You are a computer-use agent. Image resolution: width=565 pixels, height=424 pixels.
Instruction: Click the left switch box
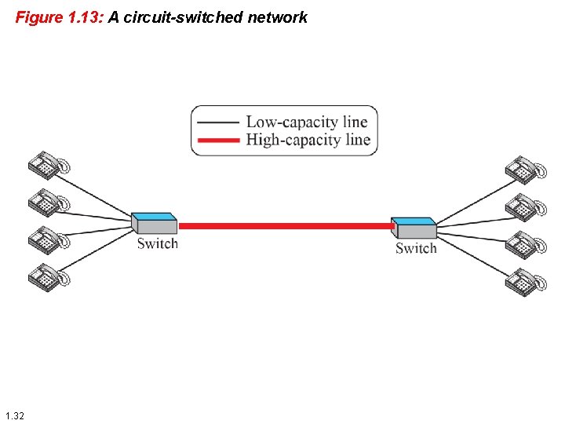pos(155,223)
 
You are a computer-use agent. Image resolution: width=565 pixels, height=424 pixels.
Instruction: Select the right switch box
pos(414,228)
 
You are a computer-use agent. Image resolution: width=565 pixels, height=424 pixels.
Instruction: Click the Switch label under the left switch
pos(158,243)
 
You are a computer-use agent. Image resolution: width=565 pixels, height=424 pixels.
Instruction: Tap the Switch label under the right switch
pos(416,248)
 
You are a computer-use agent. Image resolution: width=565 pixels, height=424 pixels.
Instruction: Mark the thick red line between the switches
pos(286,226)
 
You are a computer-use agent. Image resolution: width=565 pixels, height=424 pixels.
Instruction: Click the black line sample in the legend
pos(219,122)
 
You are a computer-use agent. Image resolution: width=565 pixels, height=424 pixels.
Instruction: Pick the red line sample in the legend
pos(219,141)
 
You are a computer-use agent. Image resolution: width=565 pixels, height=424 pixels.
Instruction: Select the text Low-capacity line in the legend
pos(307,122)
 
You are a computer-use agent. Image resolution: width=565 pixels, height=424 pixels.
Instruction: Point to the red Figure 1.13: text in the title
pos(59,16)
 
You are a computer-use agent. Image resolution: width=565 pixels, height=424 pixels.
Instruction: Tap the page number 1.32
pos(14,415)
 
